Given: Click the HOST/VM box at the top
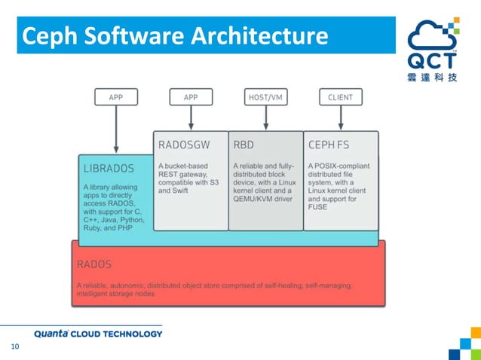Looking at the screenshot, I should click(x=265, y=97).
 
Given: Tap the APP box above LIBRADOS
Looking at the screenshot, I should click(x=115, y=97).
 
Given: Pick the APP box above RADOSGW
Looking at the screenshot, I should click(x=191, y=97).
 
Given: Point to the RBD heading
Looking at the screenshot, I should click(x=244, y=143).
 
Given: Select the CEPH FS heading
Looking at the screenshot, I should click(x=329, y=143).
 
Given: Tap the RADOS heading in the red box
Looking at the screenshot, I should click(x=94, y=264).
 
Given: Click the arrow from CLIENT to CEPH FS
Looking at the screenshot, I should click(x=341, y=117).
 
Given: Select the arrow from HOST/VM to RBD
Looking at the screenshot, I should click(x=265, y=117).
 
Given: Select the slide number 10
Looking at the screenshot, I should click(x=14, y=347).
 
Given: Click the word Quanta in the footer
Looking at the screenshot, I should click(x=53, y=334).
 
